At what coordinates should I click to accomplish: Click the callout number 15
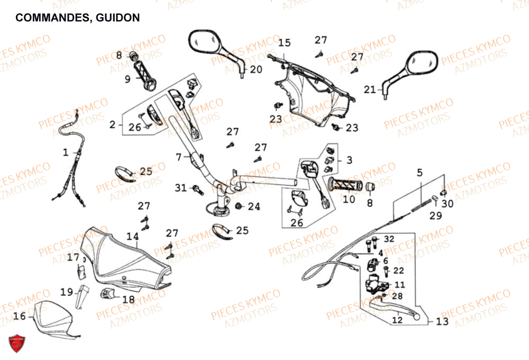[285, 43]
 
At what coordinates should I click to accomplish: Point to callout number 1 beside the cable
[66, 153]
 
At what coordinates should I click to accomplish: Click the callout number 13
[442, 321]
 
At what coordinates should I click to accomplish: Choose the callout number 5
[419, 172]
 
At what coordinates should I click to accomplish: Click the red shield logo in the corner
[16, 342]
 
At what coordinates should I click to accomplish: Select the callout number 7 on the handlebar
[179, 157]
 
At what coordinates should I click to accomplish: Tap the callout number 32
[389, 239]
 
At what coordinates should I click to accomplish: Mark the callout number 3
[349, 159]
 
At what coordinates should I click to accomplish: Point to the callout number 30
[447, 203]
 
